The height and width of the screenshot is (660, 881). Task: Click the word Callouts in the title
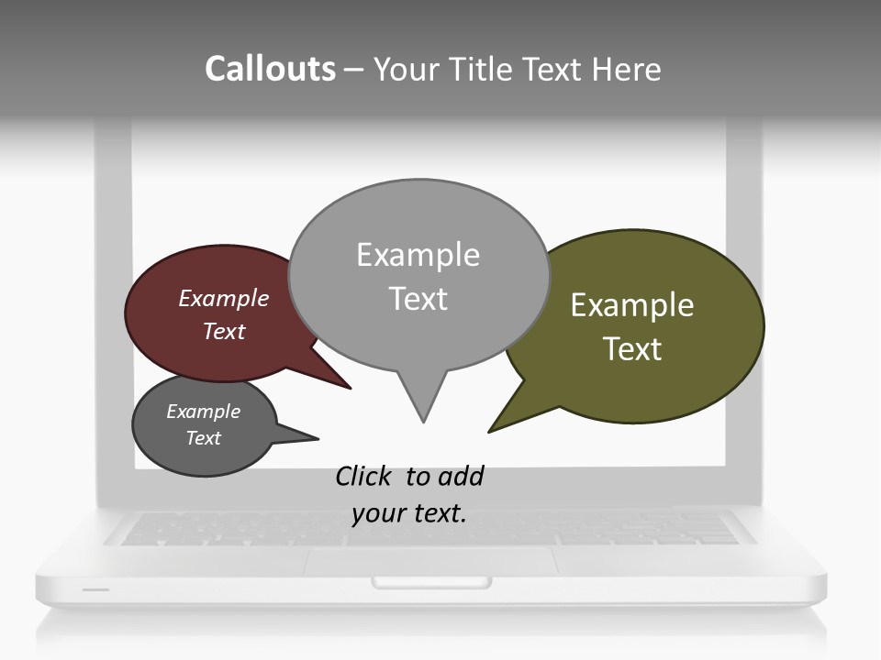(270, 69)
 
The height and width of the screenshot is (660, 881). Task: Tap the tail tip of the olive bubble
(491, 430)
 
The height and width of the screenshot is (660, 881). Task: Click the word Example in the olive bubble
(632, 305)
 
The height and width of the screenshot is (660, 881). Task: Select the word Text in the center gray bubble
(418, 299)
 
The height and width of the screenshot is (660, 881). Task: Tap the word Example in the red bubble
(224, 298)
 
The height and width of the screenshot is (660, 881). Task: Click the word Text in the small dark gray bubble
(203, 438)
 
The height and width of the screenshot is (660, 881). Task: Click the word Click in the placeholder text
(364, 476)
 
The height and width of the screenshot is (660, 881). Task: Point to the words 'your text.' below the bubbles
(409, 512)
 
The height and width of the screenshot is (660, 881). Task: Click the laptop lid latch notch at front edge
(431, 582)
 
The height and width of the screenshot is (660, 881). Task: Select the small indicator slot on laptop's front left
(95, 589)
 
